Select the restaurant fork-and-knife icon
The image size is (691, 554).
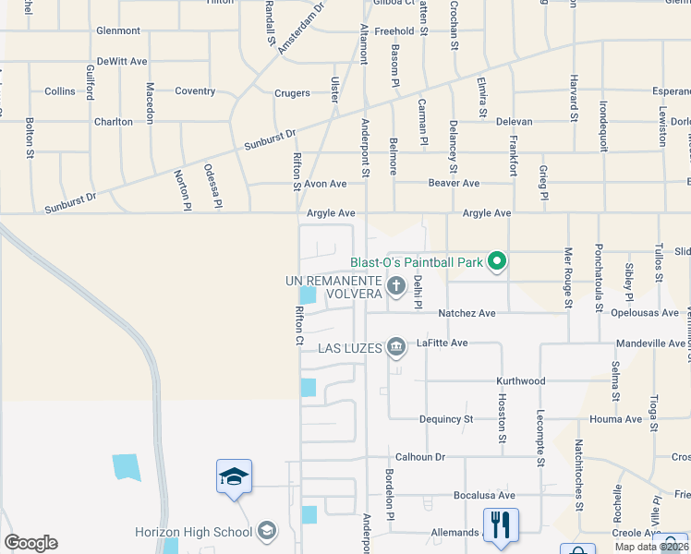pos(501,524)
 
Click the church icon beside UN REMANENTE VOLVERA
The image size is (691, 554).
pos(396,285)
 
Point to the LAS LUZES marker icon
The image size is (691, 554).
pos(396,347)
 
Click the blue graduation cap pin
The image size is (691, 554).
pos(234,476)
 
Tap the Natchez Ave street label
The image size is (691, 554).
pos(467,314)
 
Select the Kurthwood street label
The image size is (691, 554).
pos(521,381)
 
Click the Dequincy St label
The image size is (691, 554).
pos(446,419)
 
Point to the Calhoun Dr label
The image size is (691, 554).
pos(420,457)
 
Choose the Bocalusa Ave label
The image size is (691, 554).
pos(484,496)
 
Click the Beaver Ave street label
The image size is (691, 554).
pos(454,184)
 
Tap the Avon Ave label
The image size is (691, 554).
pos(325,184)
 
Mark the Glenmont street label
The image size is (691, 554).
pos(118,30)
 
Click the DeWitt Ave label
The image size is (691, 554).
pos(122,62)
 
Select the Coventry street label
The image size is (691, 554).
pos(196,91)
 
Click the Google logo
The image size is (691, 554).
pos(30,543)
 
